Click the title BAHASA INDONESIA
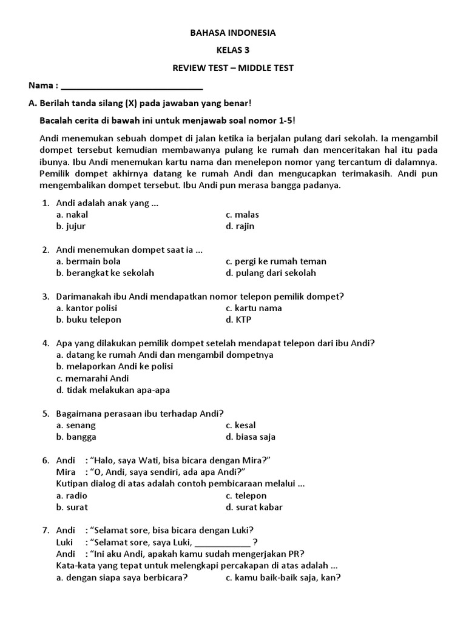233,33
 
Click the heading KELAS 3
233,50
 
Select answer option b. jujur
71,226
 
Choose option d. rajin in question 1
240,226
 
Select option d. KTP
238,320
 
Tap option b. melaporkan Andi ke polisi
115,366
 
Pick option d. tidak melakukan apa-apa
113,390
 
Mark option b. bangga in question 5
76,437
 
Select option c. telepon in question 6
246,495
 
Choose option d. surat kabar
254,507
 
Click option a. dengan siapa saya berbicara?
121,577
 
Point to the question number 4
46,343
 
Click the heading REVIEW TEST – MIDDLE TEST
233,68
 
